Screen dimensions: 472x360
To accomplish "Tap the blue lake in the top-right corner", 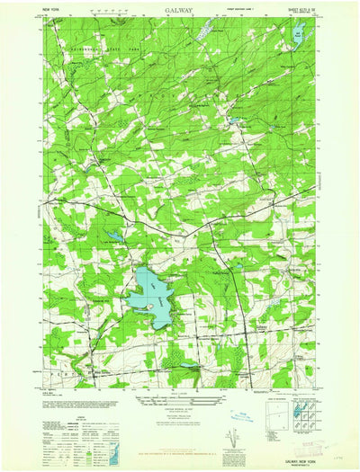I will pyautogui.click(x=295, y=37).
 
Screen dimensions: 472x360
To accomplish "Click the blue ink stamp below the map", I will pyautogui.click(x=243, y=416).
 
